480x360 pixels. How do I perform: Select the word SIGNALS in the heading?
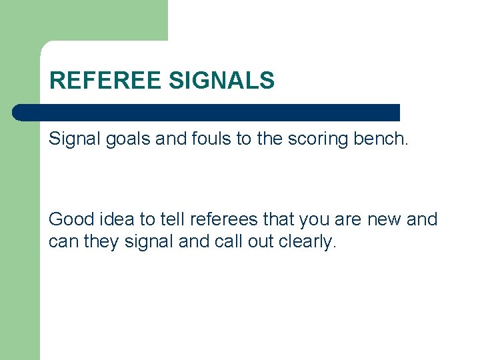click(222, 81)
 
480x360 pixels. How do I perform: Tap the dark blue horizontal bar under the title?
click(207, 113)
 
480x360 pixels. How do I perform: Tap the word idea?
click(120, 219)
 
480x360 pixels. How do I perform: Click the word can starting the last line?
click(63, 242)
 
